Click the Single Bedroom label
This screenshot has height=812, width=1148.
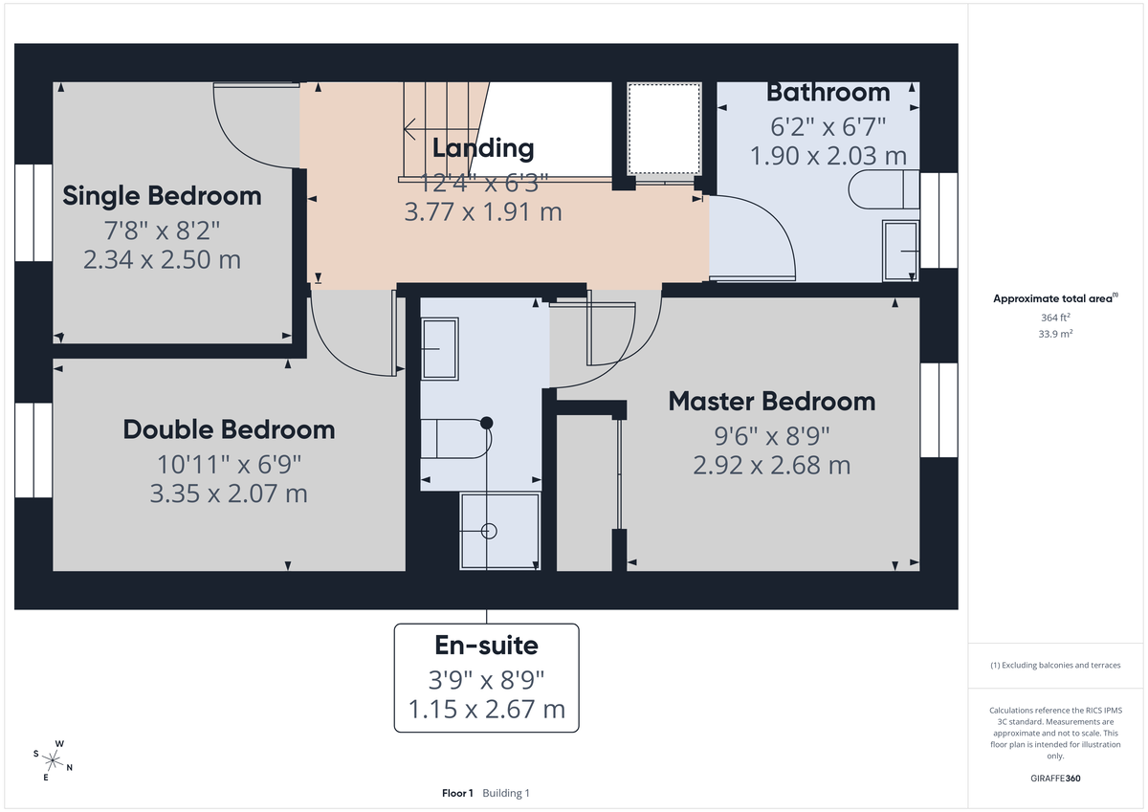pos(162,196)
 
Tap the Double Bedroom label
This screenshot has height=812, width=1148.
pos(229,429)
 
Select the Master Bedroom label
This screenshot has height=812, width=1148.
pos(771,401)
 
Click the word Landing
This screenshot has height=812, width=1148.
pos(482,148)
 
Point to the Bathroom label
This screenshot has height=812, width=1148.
pos(828,93)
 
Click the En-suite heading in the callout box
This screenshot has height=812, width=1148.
pos(486,646)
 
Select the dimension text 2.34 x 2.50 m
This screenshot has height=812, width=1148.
pos(162,259)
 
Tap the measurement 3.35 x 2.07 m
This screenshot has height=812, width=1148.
pos(229,494)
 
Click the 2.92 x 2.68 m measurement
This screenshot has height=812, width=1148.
pos(771,465)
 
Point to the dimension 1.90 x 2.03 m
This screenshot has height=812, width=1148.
pos(828,156)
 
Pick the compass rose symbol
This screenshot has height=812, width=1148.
pos(54,760)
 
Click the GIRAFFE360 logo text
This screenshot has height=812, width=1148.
pos(1055,779)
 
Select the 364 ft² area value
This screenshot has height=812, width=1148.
pos(1055,317)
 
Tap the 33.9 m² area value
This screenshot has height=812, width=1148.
pos(1055,334)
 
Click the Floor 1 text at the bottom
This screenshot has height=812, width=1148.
pos(457,793)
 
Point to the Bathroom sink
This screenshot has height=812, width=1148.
pos(900,251)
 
